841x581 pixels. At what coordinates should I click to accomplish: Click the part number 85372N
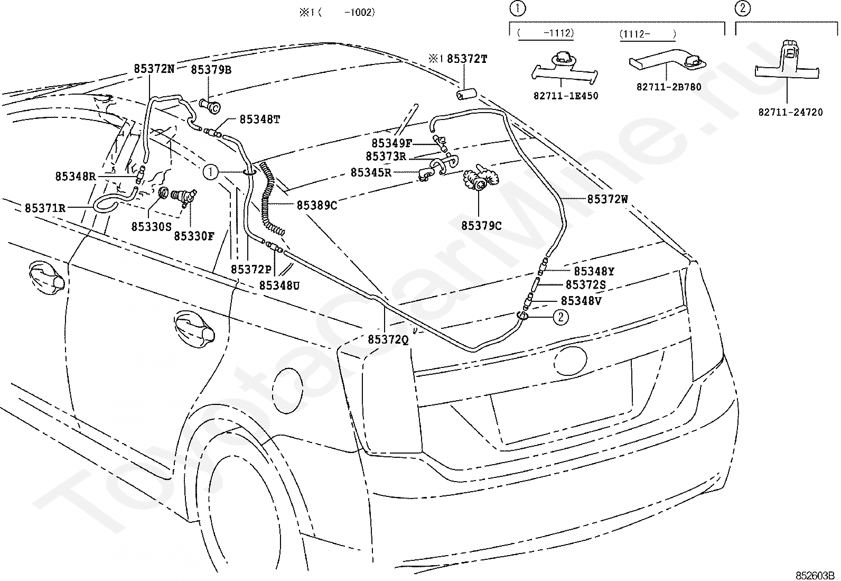[154, 69]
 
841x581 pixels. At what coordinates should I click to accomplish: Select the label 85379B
[211, 70]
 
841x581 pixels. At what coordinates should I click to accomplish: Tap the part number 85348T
[260, 119]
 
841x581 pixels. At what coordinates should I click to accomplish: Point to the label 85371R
[45, 208]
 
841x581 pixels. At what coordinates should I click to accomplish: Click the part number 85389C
[317, 205]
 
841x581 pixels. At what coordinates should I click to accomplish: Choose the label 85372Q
[388, 339]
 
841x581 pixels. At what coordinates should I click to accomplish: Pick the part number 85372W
[608, 199]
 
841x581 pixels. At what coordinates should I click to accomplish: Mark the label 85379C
[481, 226]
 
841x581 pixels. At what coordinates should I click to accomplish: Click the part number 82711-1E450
[566, 96]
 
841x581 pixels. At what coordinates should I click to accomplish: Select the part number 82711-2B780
[669, 87]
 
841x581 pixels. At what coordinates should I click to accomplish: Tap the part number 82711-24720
[790, 113]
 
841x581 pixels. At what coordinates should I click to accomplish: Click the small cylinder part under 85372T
[466, 94]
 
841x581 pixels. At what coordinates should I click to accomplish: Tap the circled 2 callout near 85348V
[560, 317]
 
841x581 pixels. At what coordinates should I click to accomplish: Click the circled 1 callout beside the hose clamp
[210, 172]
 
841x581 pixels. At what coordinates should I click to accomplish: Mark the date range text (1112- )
[648, 34]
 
